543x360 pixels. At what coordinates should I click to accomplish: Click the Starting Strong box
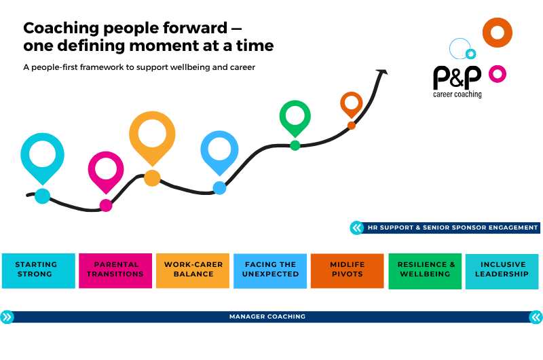coord(39,270)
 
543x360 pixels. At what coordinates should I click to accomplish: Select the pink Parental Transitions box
coord(115,270)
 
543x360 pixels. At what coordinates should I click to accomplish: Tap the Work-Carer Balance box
coord(193,270)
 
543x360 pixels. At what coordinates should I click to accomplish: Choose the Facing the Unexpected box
coord(270,271)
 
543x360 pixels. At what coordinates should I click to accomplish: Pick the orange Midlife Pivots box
coord(348,271)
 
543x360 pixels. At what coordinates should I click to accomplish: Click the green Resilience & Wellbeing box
coord(425,271)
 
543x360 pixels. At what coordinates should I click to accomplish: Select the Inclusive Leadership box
coord(502,271)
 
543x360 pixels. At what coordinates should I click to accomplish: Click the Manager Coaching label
coord(267,317)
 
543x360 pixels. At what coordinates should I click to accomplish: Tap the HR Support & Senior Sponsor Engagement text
coord(453,228)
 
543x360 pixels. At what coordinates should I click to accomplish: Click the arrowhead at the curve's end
coord(382,72)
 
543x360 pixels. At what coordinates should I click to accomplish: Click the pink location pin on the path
coord(106,173)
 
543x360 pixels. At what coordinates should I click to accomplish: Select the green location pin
coord(295,118)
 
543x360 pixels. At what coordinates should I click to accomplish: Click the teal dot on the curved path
coord(43,196)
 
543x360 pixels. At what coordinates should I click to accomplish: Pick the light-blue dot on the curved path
coord(219,188)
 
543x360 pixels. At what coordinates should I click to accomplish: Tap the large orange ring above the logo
coord(498,33)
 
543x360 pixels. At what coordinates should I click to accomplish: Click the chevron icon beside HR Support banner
coord(357,228)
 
